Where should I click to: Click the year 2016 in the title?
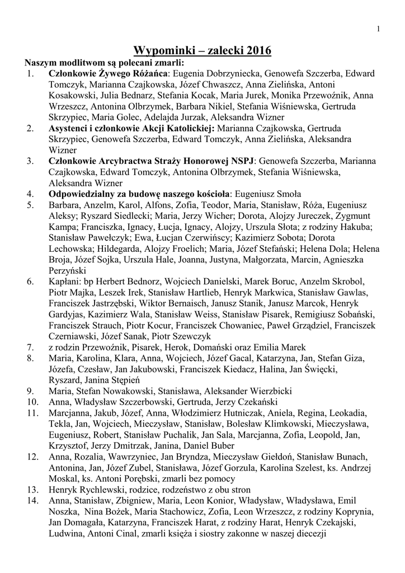[255, 51]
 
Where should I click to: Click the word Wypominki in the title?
[163, 51]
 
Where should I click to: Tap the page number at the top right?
[379, 29]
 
